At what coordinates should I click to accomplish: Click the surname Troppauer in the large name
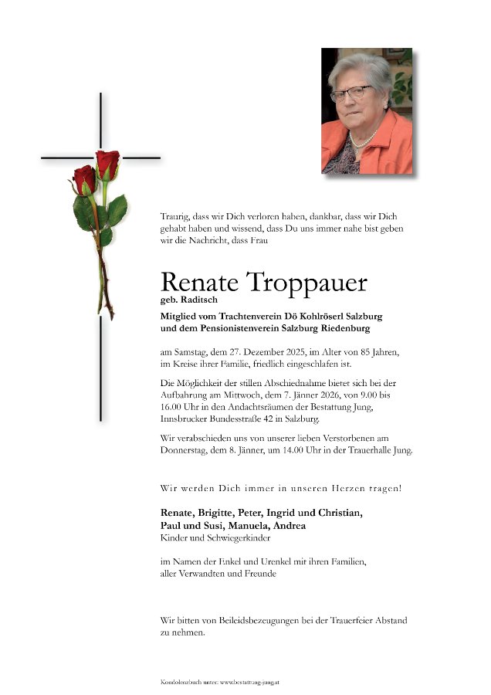click(307, 283)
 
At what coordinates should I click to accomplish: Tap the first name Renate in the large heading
click(198, 283)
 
